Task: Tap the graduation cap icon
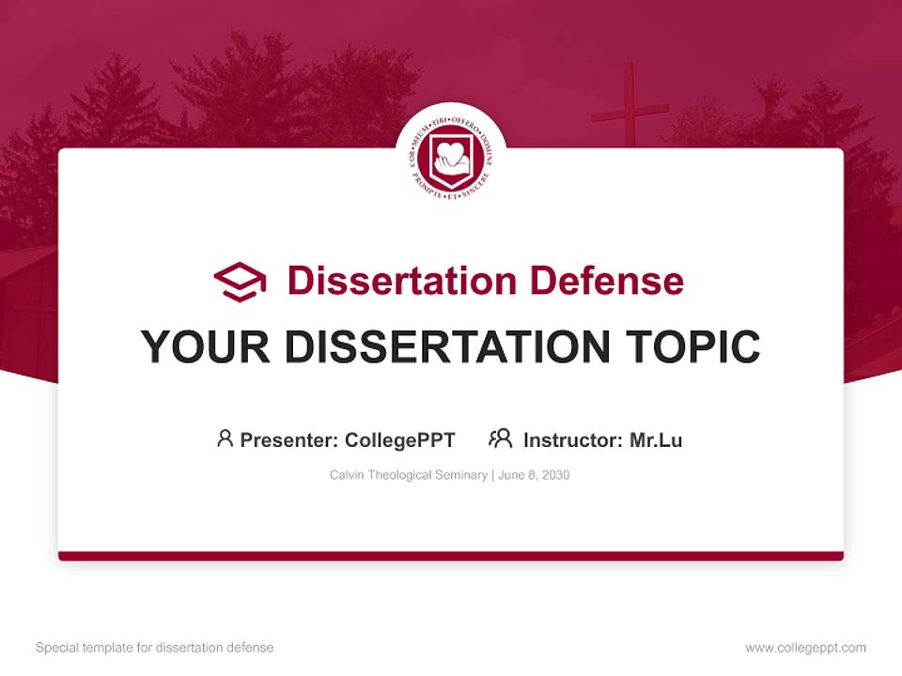[240, 281]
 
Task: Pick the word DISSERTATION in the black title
[443, 347]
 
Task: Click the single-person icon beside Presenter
[225, 438]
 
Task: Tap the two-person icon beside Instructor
[500, 438]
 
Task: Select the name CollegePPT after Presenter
[400, 439]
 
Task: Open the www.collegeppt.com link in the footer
[805, 648]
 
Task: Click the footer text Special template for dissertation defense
[154, 648]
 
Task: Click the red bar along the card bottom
[451, 556]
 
